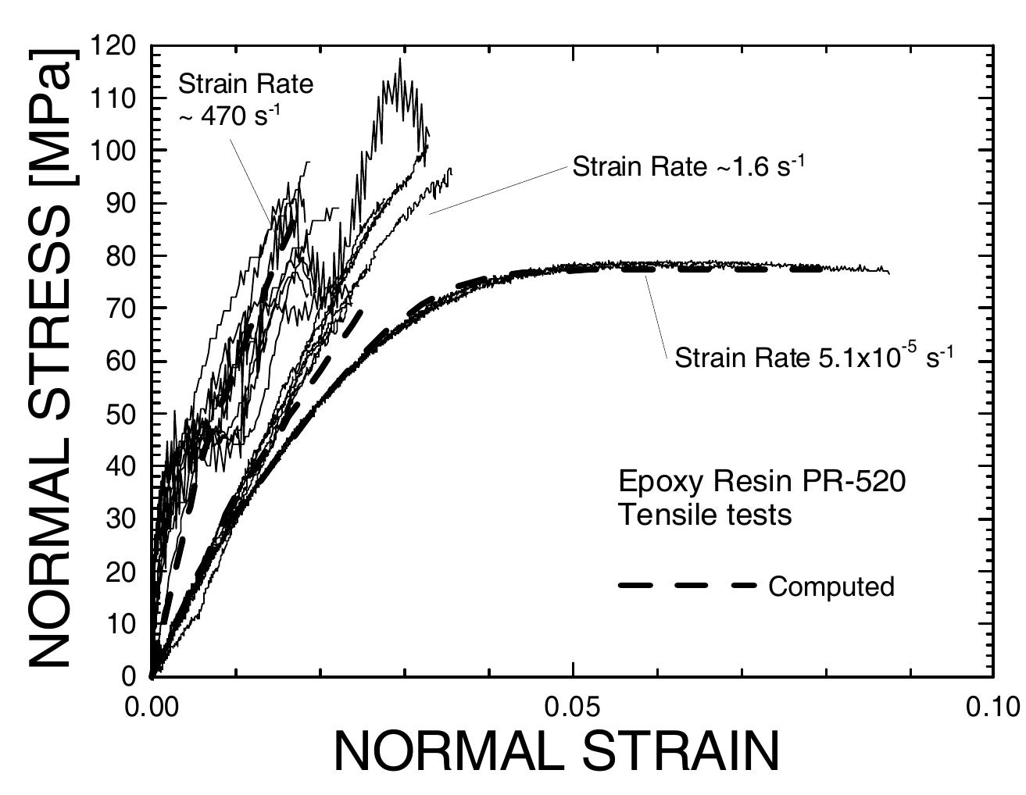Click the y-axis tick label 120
click(113, 46)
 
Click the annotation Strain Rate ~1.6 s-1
click(688, 166)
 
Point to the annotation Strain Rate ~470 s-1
click(245, 98)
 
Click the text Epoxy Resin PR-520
click(762, 481)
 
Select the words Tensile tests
click(704, 515)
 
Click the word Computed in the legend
click(831, 586)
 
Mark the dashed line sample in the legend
click(687, 585)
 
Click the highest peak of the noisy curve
click(400, 59)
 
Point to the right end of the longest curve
click(888, 272)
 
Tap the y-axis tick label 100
click(113, 151)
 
